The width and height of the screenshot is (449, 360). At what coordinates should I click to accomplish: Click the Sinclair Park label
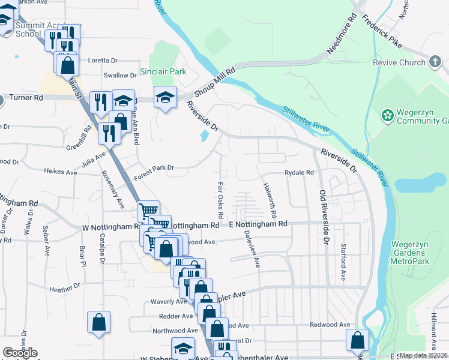tap(163, 71)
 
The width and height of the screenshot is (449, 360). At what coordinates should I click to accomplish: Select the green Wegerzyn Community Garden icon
tap(388, 114)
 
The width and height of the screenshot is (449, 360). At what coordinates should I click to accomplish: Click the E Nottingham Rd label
tap(259, 224)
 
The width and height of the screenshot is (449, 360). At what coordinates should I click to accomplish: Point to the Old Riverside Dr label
tap(325, 217)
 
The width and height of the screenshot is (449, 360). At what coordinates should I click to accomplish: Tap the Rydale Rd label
tap(300, 172)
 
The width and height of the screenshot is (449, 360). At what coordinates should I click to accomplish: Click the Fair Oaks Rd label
tap(220, 200)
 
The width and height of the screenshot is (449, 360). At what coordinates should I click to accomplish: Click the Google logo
tap(19, 353)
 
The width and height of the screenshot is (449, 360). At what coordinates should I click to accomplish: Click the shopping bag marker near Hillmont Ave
tap(358, 340)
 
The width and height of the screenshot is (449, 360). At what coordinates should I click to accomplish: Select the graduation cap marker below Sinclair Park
tap(164, 97)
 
